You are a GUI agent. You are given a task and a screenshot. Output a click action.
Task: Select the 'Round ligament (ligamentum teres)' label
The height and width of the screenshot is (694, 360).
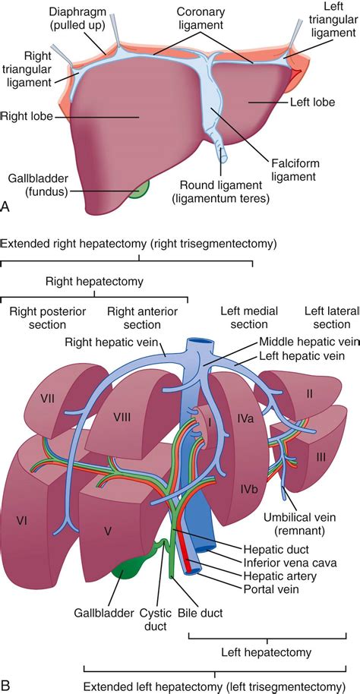(x=225, y=191)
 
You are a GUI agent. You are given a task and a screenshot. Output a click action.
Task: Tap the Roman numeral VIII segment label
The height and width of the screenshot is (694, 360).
(x=123, y=418)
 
